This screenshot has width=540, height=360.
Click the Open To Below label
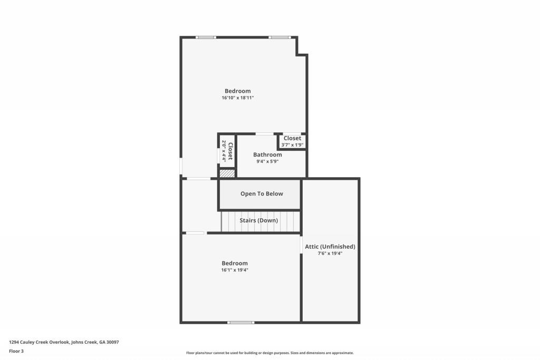click(262, 194)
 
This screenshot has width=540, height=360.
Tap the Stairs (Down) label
click(258, 220)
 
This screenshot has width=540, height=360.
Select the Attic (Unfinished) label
click(330, 247)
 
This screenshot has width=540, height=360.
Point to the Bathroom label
click(267, 155)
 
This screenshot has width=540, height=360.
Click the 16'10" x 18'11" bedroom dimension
click(238, 98)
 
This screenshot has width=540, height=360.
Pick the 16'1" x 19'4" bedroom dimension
click(235, 270)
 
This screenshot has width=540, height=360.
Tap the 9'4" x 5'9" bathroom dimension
click(267, 162)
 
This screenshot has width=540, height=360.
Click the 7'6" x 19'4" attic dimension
click(330, 254)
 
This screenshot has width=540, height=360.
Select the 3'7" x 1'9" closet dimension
click(292, 145)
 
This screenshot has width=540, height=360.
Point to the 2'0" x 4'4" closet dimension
click(224, 151)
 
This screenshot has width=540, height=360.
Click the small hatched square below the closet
click(227, 173)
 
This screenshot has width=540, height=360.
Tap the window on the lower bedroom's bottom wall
click(240, 322)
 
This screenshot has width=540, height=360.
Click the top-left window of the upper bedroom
click(206, 37)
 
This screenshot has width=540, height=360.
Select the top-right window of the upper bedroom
click(279, 37)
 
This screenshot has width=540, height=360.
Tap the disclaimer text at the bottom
click(269, 353)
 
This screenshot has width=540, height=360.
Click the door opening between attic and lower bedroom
click(301, 245)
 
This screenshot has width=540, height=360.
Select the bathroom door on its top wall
click(264, 134)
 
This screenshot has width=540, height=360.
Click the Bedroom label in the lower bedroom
click(235, 264)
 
